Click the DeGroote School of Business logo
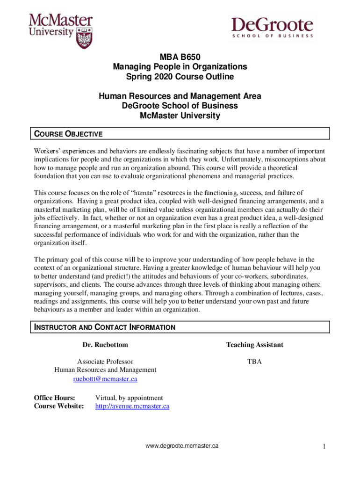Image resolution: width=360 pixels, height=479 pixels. click(272, 28)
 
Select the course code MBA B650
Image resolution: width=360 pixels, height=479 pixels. click(180, 58)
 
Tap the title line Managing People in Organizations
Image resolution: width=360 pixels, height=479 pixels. click(180, 67)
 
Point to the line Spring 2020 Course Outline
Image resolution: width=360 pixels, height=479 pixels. click(180, 77)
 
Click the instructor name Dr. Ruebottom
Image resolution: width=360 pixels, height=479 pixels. click(105, 345)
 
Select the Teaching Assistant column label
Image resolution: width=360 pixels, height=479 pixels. click(254, 345)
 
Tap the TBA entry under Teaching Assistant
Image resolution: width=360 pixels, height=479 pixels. click(254, 362)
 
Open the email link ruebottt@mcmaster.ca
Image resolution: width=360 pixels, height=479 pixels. click(105, 379)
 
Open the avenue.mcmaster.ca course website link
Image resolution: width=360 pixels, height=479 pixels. click(132, 406)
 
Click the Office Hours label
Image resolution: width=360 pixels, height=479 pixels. click(54, 398)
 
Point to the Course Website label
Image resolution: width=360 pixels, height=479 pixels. click(59, 406)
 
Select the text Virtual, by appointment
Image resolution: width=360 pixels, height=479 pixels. click(129, 398)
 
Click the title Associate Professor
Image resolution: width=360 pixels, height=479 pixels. click(105, 362)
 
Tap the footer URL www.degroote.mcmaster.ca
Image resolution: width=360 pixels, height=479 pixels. click(182, 446)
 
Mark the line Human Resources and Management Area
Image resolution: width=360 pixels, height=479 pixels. click(180, 96)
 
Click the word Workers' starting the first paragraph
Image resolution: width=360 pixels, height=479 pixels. click(47, 152)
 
